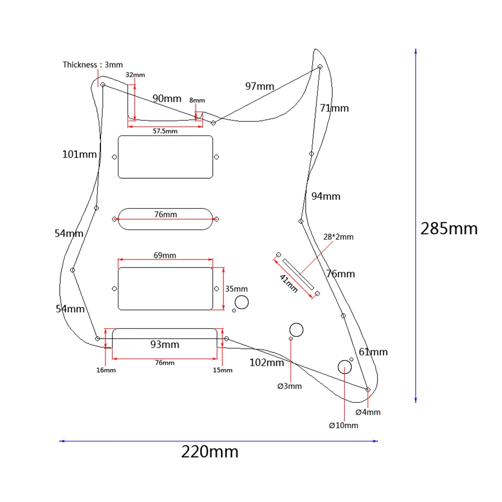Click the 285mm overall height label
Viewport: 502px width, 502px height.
pos(449,229)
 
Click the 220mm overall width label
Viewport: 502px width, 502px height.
pos(210,452)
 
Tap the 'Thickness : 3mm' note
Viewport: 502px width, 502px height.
pos(92,65)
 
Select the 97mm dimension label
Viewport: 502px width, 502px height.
pos(260,86)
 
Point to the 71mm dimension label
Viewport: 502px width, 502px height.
pos(334,108)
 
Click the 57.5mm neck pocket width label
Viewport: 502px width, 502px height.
pos(165,131)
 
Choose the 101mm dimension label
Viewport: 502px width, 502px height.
pos(79,154)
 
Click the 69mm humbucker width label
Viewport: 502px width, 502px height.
pos(165,255)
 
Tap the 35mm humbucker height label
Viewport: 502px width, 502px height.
pos(236,289)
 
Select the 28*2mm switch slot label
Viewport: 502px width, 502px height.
pos(338,236)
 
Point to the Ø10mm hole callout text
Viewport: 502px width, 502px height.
pos(343,425)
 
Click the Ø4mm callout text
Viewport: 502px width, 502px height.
pos(367,412)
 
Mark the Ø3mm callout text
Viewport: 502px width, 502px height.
pos(289,386)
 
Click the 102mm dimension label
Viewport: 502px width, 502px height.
pos(267,362)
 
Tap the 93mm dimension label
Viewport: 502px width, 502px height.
pos(165,345)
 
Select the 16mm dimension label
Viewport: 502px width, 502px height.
pos(106,370)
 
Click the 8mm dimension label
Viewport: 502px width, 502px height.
pos(197,100)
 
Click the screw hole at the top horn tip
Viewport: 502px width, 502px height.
pos(320,66)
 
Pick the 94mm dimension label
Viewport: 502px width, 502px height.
pos(325,196)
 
